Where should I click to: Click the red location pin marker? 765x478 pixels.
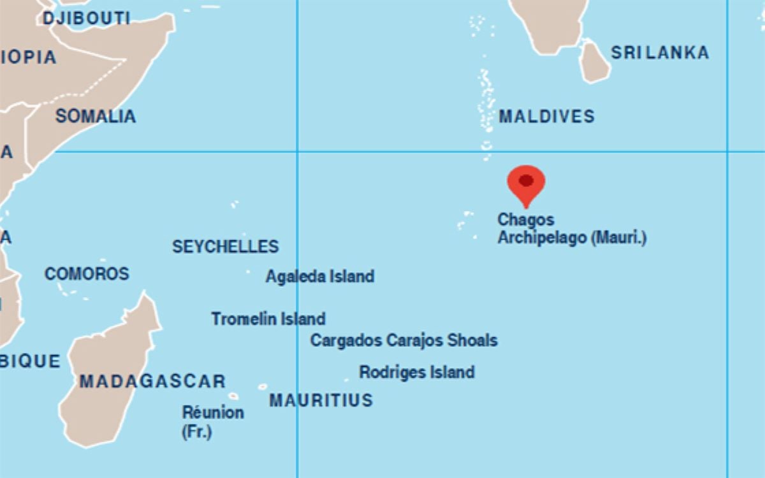pyautogui.click(x=526, y=182)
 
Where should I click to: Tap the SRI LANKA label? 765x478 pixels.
pyautogui.click(x=660, y=52)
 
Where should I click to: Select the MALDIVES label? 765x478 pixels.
pyautogui.click(x=546, y=117)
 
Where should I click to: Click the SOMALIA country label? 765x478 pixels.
pyautogui.click(x=96, y=117)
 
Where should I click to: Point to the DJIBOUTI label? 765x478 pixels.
pyautogui.click(x=86, y=18)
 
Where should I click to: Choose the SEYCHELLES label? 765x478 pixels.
pyautogui.click(x=225, y=247)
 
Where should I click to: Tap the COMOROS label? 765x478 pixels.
pyautogui.click(x=87, y=274)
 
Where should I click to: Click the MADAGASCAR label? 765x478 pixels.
pyautogui.click(x=152, y=382)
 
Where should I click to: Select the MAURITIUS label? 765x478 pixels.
pyautogui.click(x=321, y=400)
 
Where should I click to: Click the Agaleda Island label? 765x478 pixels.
pyautogui.click(x=319, y=277)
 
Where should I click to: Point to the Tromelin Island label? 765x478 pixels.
pyautogui.click(x=268, y=319)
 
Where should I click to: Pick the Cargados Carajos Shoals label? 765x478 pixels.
pyautogui.click(x=404, y=340)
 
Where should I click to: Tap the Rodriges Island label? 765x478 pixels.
pyautogui.click(x=417, y=372)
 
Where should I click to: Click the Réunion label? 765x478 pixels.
pyautogui.click(x=213, y=412)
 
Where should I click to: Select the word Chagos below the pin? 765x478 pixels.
pyautogui.click(x=526, y=220)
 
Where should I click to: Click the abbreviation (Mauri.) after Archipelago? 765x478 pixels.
pyautogui.click(x=618, y=238)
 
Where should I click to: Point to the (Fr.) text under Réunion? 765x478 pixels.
pyautogui.click(x=196, y=431)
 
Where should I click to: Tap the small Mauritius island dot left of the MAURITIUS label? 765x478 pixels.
pyautogui.click(x=262, y=387)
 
